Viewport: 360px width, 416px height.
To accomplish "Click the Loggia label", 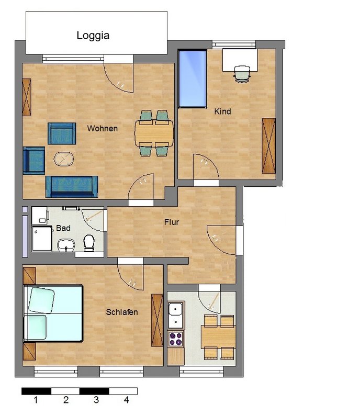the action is [93, 36].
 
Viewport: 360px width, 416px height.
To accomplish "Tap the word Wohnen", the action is [103, 128].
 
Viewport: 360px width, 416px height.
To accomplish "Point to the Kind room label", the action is [222, 111].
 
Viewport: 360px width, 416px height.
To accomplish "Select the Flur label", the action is [172, 222].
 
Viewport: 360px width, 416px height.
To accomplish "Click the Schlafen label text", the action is [122, 312].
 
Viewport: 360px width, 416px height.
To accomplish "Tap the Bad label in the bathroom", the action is [63, 228].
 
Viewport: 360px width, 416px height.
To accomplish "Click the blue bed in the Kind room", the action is [193, 79].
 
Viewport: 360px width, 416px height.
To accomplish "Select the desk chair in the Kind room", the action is [242, 74].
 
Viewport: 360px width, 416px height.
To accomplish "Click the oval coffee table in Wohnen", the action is [64, 159].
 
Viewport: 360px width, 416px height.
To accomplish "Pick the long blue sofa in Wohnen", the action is [72, 187].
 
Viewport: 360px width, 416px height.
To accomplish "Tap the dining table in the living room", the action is [154, 133].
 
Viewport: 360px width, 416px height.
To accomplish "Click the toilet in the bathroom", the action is [89, 243].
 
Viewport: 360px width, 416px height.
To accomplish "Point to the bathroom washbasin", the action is [66, 244].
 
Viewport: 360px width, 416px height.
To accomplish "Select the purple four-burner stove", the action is [176, 339].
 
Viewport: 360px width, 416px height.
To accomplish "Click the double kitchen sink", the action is [176, 315].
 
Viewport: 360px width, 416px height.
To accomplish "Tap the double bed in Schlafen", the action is [53, 313].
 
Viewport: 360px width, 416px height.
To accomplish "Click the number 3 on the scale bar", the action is [96, 400].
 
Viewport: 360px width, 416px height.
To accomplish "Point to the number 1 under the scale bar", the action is [36, 400].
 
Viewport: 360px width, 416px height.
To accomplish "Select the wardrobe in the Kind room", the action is [269, 146].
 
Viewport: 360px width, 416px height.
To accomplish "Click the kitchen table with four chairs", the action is [219, 337].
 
